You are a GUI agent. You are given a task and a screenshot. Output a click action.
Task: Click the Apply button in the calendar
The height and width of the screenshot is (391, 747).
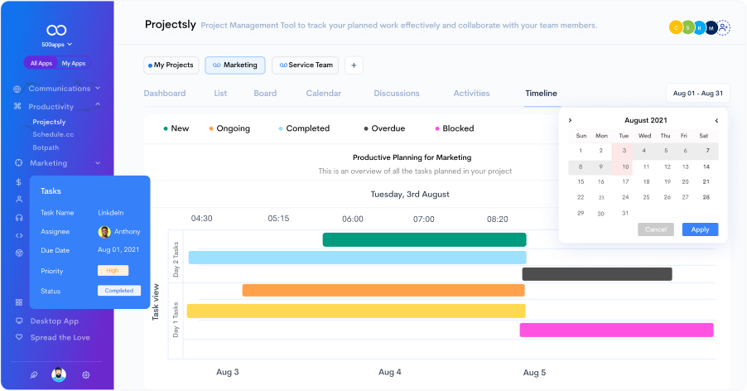(700, 229)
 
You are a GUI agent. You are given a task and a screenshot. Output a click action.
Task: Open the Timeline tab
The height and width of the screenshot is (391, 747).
(541, 94)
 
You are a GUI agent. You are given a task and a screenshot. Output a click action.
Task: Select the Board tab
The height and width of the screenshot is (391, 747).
(265, 94)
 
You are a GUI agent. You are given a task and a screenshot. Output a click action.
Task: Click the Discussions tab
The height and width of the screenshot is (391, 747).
(397, 94)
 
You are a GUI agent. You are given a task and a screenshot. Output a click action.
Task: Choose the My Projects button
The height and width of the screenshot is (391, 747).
(170, 65)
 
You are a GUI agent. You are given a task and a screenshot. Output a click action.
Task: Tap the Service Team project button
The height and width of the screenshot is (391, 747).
(306, 65)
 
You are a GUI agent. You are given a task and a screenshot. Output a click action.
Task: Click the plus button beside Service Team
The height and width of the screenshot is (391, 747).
(354, 65)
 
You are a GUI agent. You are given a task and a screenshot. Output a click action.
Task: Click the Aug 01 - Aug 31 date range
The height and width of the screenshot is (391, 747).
(698, 94)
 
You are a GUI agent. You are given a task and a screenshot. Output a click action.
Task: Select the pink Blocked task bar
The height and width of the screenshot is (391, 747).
(616, 330)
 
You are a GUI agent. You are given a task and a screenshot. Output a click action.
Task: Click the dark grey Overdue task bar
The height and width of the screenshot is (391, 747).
(596, 274)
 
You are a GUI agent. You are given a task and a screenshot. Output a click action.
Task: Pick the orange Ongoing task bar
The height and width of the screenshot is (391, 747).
(383, 291)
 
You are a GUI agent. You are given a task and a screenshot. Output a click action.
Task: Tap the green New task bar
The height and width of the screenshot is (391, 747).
(424, 239)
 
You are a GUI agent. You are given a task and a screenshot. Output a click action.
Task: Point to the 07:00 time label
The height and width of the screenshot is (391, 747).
(424, 220)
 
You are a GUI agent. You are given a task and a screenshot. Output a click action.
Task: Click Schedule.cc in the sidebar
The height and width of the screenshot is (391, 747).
(53, 134)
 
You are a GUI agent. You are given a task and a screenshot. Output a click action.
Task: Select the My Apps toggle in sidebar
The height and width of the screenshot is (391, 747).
(74, 63)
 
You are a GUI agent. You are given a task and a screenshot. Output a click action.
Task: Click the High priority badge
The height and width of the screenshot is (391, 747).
(113, 271)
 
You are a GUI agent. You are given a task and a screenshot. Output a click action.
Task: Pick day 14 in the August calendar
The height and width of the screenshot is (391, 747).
(706, 167)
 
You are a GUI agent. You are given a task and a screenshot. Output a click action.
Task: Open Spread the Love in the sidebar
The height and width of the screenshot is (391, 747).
(60, 337)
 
